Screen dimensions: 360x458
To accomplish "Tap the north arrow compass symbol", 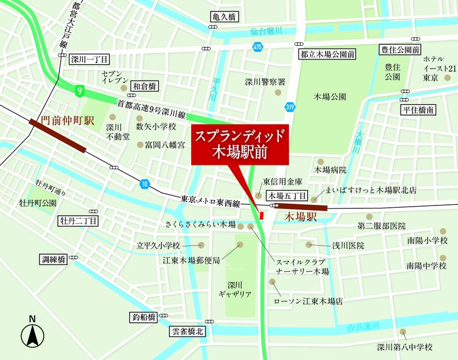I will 33,334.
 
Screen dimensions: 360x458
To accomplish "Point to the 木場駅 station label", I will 298,217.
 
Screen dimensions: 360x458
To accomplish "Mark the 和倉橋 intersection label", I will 144,87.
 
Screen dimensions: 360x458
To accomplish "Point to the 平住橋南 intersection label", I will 419,109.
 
